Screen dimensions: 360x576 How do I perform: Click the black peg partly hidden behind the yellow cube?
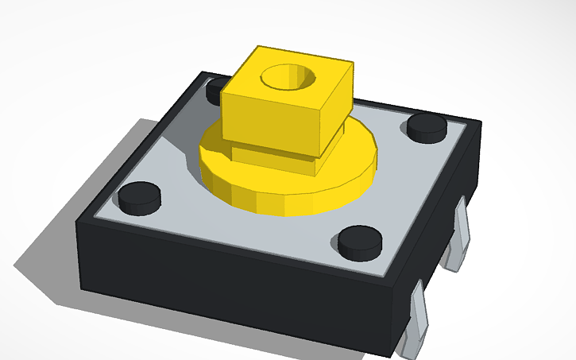214,92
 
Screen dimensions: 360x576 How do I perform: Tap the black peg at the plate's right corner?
427,126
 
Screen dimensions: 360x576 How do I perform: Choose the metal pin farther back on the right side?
459,238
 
